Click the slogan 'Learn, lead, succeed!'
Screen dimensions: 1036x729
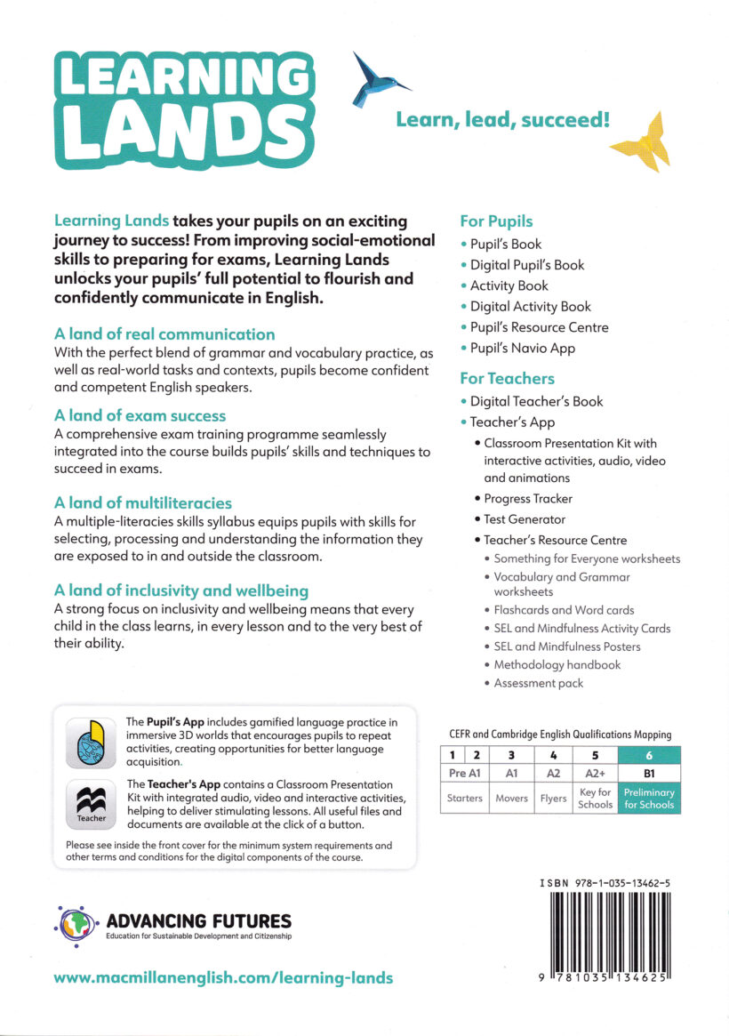(x=502, y=119)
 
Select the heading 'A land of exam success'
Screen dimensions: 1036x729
(x=140, y=415)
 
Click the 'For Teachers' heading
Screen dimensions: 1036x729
(x=507, y=378)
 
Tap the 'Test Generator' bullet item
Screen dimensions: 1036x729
(x=525, y=519)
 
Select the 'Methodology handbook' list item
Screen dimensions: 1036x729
(x=557, y=664)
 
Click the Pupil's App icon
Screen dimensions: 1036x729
(x=91, y=743)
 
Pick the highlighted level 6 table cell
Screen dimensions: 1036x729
(x=649, y=755)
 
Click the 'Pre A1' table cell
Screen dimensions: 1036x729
(x=464, y=774)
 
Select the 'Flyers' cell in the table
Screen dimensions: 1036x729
(x=553, y=799)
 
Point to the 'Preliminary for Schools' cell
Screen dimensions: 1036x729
(x=649, y=799)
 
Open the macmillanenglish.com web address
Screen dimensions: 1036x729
(x=223, y=977)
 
